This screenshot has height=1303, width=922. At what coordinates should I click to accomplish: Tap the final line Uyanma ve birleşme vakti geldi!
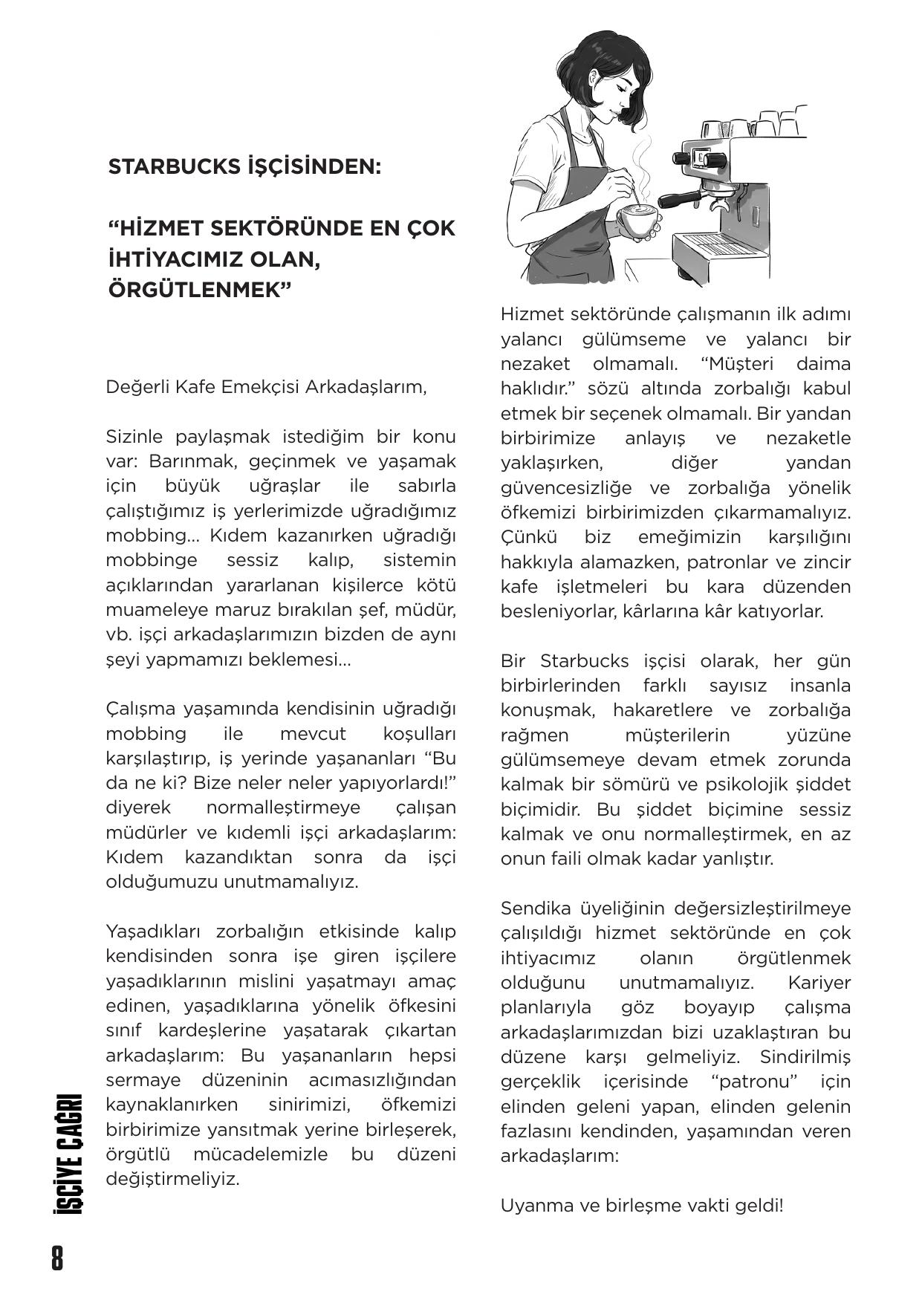click(x=641, y=1205)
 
